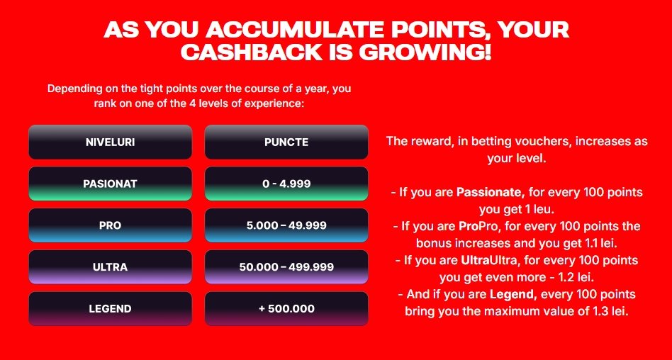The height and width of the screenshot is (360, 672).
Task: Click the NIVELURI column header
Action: click(x=110, y=142)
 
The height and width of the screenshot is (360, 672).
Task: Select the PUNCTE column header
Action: click(x=286, y=142)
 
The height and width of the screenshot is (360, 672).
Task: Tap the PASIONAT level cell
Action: click(x=110, y=184)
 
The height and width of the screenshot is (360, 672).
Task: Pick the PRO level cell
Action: click(x=110, y=225)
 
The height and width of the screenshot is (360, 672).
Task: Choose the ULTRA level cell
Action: click(x=110, y=267)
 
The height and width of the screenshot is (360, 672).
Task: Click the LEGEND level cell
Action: click(x=110, y=308)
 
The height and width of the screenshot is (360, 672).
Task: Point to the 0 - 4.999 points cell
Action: click(x=286, y=184)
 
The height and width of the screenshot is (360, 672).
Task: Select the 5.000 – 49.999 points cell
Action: click(x=286, y=225)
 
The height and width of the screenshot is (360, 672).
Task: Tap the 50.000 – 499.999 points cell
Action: click(x=286, y=267)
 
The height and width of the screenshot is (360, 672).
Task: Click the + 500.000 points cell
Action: click(x=286, y=308)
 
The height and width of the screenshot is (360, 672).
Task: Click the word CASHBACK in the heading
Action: click(x=254, y=52)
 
